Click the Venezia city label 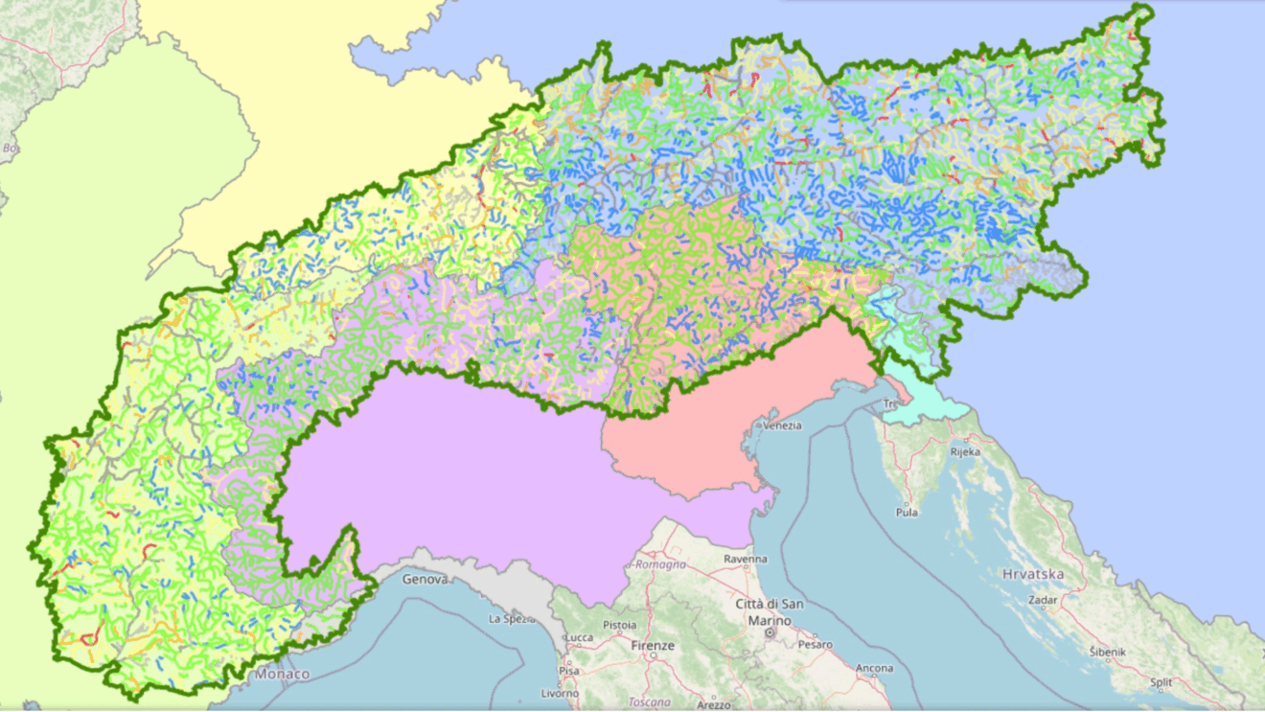pos(783,426)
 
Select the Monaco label pos(282,675)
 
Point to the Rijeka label pos(965,450)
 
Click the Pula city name pos(906,513)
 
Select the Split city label pos(1161,682)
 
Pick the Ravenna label pos(746,559)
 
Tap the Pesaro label pos(816,645)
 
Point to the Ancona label pos(874,669)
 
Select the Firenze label pos(654,647)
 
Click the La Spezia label pos(510,619)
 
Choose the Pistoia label pos(619,625)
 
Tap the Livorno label pos(561,693)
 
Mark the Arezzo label pos(713,705)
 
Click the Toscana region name pos(651,701)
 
